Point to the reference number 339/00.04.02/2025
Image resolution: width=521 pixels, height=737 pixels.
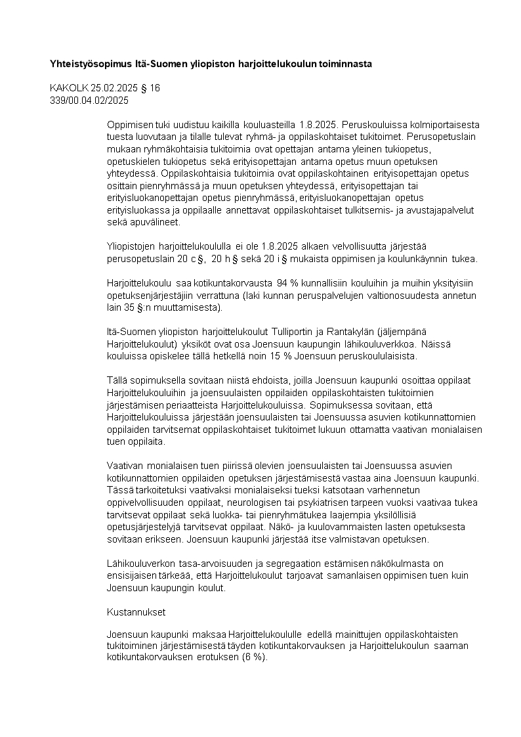(89, 100)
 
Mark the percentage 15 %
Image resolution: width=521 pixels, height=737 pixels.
(290, 356)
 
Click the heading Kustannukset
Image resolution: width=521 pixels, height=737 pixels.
(136, 612)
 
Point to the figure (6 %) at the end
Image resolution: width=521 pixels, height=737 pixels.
(255, 658)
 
